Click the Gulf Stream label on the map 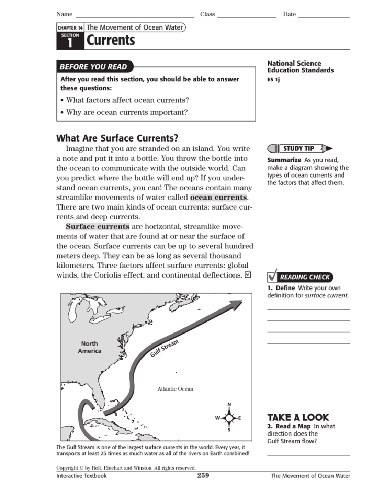(164, 349)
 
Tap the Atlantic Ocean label (175, 389)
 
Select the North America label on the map (89, 347)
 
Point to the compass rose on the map (229, 418)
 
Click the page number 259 (203, 475)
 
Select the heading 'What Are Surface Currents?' (117, 138)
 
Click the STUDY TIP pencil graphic (300, 148)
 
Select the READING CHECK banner (300, 277)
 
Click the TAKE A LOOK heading (298, 417)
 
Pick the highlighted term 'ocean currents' (219, 197)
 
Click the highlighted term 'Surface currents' (98, 227)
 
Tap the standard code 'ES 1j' (273, 79)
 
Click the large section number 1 (70, 43)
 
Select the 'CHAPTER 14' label (70, 28)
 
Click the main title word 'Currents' (111, 40)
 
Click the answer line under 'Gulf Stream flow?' (308, 454)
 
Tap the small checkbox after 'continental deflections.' (248, 275)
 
